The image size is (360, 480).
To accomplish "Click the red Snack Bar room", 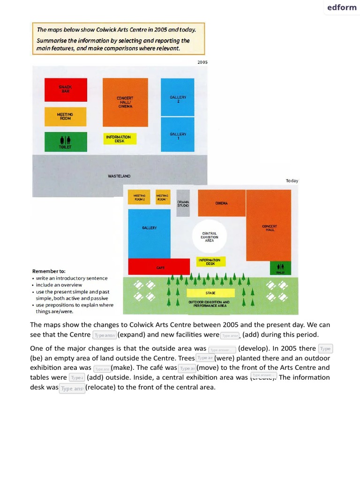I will tap(66, 90).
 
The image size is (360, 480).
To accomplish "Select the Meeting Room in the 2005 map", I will tap(66, 116).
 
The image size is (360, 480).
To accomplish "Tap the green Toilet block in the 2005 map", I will tap(66, 142).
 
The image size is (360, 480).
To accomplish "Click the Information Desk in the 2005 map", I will tap(120, 139).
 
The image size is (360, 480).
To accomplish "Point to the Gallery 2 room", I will tap(177, 97).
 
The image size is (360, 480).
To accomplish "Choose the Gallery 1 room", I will tap(177, 135).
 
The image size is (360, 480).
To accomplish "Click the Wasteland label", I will tap(119, 176).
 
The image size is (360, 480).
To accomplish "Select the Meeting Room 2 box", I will tap(140, 197).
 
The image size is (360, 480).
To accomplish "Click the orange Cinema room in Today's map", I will tap(221, 203).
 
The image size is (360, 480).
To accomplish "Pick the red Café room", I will tap(160, 267).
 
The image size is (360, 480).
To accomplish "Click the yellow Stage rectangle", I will tap(210, 293).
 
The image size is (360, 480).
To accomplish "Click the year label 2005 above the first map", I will tap(202, 62).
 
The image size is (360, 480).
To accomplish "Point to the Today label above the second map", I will tap(292, 181).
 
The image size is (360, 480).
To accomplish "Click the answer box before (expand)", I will tap(105, 335).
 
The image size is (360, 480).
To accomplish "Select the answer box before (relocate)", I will tap(72, 389).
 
